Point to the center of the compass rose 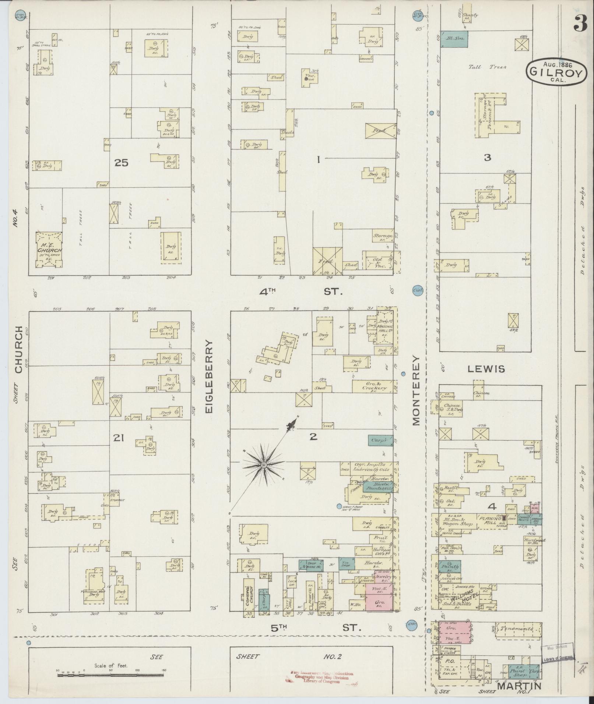pyautogui.click(x=264, y=466)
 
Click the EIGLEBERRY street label pyautogui.click(x=209, y=376)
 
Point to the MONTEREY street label pyautogui.click(x=416, y=390)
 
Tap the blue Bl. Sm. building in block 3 pyautogui.click(x=454, y=38)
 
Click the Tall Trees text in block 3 pyautogui.click(x=487, y=67)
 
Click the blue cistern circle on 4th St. pyautogui.click(x=418, y=290)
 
